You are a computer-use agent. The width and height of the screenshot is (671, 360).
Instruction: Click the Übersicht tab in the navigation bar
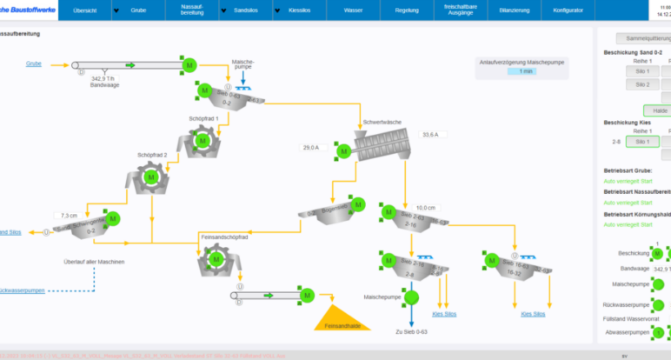(85, 11)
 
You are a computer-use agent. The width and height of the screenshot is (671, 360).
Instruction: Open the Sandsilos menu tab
(245, 11)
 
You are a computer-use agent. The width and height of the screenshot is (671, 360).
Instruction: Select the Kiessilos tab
(300, 11)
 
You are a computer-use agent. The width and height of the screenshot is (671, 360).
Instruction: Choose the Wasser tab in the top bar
(354, 11)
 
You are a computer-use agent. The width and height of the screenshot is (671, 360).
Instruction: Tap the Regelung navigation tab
(408, 11)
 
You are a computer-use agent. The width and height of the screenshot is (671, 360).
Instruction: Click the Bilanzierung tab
(515, 11)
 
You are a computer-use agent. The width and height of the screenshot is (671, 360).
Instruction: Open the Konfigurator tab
(568, 11)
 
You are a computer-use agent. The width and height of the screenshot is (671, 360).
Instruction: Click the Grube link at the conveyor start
(34, 63)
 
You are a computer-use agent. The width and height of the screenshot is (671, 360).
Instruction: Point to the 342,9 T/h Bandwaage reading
(103, 78)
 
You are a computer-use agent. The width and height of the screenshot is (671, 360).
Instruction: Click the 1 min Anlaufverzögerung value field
(522, 71)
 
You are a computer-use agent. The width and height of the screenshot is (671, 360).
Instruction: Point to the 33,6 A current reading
(429, 135)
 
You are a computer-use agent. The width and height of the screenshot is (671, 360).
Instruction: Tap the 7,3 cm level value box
(67, 215)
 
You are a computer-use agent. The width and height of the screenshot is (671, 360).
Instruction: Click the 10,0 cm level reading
(425, 208)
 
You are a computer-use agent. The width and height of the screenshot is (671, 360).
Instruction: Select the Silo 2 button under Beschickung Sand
(642, 84)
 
